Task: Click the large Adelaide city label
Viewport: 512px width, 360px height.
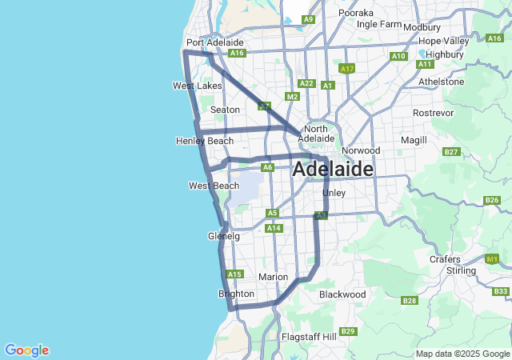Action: (x=333, y=170)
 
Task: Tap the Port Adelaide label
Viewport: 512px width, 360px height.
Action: (x=214, y=42)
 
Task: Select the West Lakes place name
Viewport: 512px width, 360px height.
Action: (x=198, y=86)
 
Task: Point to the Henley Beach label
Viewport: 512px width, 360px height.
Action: (x=205, y=142)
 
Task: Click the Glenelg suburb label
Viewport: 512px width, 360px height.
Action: (x=223, y=237)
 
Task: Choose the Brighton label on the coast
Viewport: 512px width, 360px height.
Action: (x=236, y=294)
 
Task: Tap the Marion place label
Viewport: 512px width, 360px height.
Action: (x=274, y=278)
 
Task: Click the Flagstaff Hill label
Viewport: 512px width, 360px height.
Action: (x=309, y=337)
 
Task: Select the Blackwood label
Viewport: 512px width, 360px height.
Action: (x=342, y=294)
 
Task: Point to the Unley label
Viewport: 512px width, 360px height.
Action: (x=333, y=194)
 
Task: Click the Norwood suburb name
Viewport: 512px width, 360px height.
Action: (x=361, y=150)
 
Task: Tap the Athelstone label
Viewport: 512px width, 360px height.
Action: (x=441, y=82)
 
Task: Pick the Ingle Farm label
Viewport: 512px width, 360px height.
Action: (x=378, y=24)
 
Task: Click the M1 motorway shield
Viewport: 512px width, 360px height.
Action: (x=492, y=259)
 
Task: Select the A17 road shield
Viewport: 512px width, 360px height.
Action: (x=346, y=70)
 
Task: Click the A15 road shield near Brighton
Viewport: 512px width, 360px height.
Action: (x=234, y=274)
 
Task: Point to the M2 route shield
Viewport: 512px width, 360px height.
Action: (x=292, y=97)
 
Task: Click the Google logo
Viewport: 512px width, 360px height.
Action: (x=26, y=350)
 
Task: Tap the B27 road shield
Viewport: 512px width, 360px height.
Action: (x=451, y=151)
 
